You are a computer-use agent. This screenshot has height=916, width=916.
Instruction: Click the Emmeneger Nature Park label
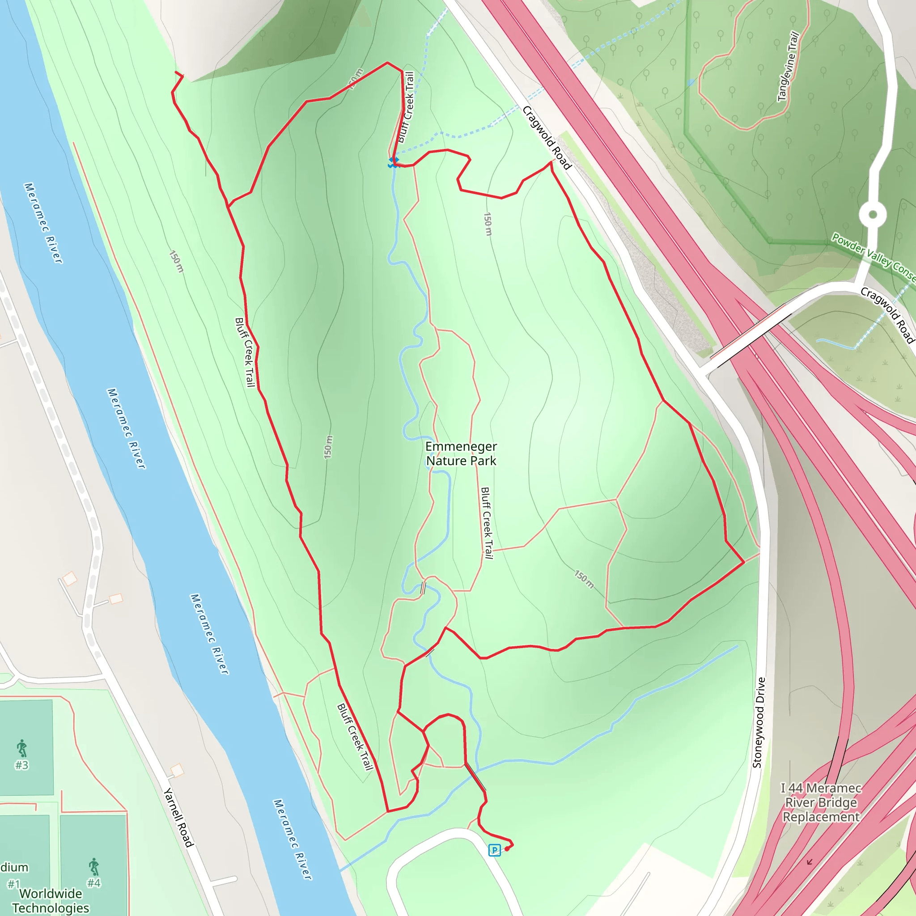click(x=461, y=454)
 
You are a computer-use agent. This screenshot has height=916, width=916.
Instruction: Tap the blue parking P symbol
click(x=494, y=850)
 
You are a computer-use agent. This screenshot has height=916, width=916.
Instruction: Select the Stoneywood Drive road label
click(x=759, y=723)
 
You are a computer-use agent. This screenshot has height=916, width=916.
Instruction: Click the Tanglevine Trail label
click(x=789, y=67)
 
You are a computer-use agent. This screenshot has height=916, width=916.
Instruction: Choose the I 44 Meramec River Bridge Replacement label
click(x=821, y=802)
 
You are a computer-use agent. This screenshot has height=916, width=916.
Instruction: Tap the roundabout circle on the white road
click(x=872, y=215)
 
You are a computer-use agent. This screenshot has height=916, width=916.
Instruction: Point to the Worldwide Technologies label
click(x=50, y=900)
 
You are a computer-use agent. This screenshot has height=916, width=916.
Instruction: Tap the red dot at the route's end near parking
click(x=507, y=848)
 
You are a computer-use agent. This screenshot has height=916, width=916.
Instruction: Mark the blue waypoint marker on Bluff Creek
click(x=393, y=162)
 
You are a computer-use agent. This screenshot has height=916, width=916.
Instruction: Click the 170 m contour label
click(x=355, y=79)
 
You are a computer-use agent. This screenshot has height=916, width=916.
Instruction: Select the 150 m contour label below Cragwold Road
click(x=488, y=224)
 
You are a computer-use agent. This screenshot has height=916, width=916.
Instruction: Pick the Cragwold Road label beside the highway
click(x=547, y=137)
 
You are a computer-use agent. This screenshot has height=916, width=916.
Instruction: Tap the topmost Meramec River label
click(x=43, y=223)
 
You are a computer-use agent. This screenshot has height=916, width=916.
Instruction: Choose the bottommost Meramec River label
click(x=293, y=840)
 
